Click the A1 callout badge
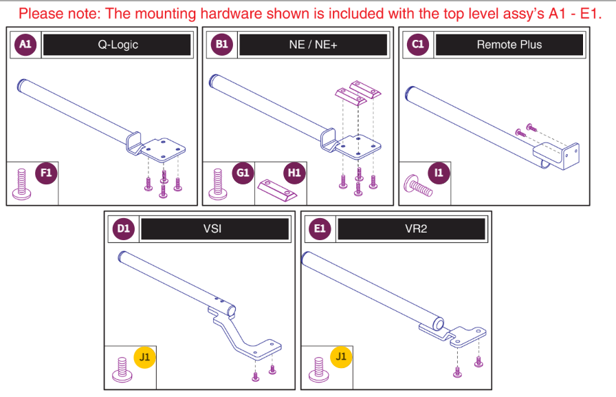point(25,45)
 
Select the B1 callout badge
point(222,45)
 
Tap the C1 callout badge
point(418,45)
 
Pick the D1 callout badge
point(124,228)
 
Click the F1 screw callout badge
point(45,173)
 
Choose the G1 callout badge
point(243,173)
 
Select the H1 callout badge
point(294,173)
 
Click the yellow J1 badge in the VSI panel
point(144,357)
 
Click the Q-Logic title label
point(117,45)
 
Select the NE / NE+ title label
point(313,45)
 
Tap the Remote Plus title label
point(509,45)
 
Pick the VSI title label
point(214,228)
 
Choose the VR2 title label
point(411,228)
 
